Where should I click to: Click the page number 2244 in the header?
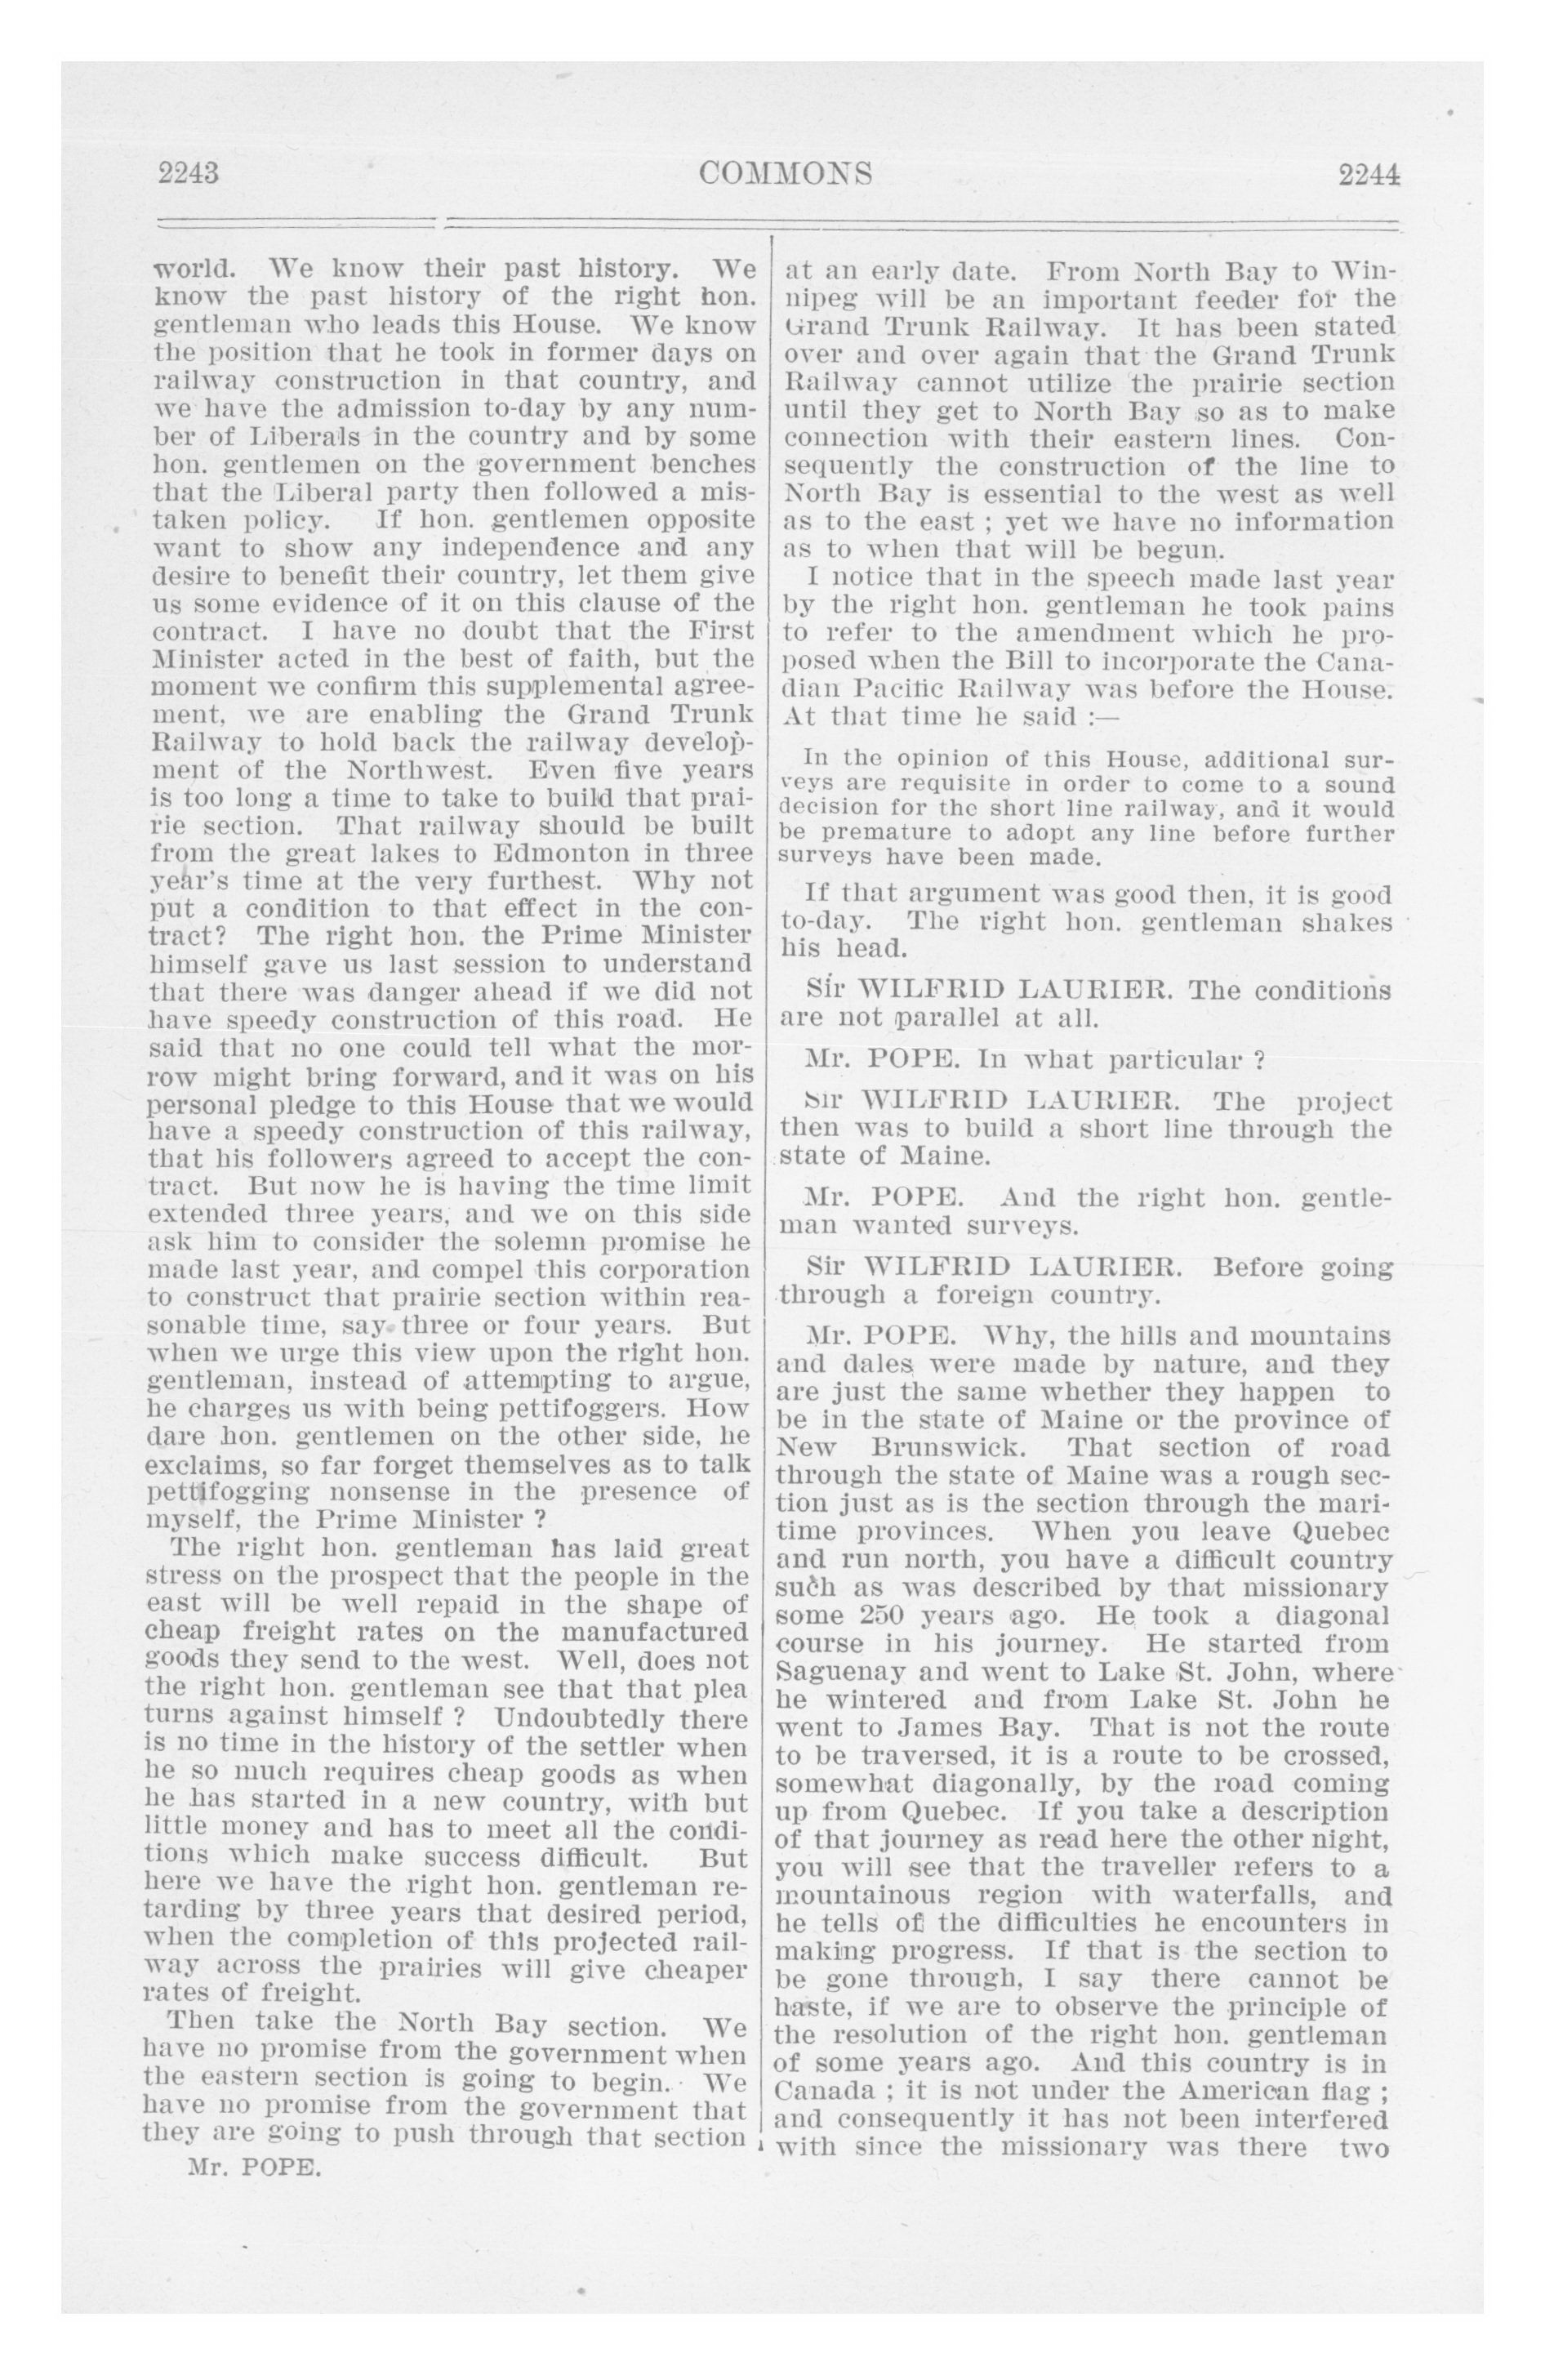(x=1369, y=175)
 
